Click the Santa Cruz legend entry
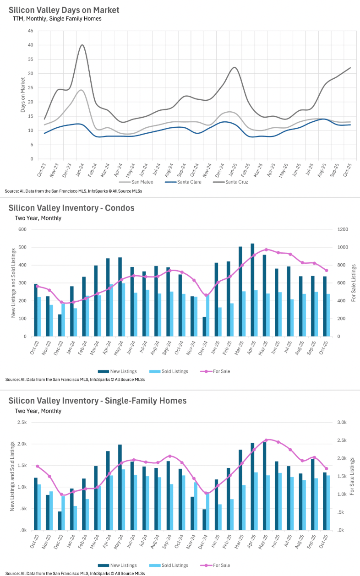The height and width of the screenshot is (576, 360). pos(234,181)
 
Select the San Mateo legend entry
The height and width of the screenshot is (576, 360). pos(142,181)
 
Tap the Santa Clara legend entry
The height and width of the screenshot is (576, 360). pos(188,181)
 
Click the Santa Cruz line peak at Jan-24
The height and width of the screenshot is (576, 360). pos(82,45)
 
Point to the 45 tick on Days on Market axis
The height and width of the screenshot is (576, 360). pos(30,31)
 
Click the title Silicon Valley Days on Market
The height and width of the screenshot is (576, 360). pos(64,10)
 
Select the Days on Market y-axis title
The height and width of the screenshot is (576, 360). pos(22,95)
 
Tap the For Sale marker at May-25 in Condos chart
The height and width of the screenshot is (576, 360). pos(267,250)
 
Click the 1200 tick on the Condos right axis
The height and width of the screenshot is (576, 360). pos(344,229)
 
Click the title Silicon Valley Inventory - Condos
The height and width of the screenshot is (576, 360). pos(71,208)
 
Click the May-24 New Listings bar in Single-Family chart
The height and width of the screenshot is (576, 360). pos(120,487)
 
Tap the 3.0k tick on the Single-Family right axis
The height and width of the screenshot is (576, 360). pos(344,423)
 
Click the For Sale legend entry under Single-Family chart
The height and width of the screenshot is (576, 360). pos(221,565)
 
